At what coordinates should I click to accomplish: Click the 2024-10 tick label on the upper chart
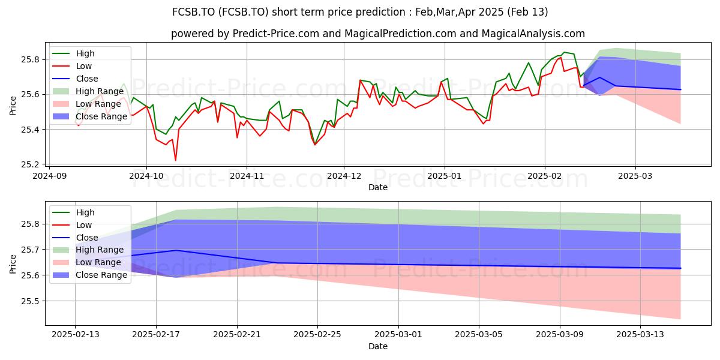click(x=146, y=176)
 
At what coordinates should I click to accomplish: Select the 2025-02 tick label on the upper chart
click(x=545, y=176)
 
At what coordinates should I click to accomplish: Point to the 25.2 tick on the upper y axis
click(x=30, y=164)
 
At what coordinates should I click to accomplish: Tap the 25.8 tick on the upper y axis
click(x=30, y=60)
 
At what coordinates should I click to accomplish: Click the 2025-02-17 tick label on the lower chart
click(x=156, y=335)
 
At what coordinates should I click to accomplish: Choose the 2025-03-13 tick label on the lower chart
click(x=640, y=335)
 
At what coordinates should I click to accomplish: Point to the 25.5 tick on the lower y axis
click(x=30, y=301)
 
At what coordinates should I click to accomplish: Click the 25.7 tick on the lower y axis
click(x=30, y=250)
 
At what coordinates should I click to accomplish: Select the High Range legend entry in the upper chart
click(x=88, y=91)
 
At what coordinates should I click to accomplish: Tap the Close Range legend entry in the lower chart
click(x=89, y=275)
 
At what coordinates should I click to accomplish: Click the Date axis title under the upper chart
click(x=378, y=187)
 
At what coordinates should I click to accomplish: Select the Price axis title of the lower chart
click(x=13, y=264)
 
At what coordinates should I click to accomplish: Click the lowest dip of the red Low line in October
click(x=175, y=160)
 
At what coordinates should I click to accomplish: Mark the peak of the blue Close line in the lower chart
click(x=176, y=250)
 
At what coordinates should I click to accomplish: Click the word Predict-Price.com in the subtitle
click(x=276, y=34)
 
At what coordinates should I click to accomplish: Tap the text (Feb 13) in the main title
click(x=527, y=12)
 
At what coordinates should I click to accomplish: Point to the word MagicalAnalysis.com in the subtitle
click(x=533, y=34)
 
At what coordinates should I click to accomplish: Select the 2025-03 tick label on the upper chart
click(x=635, y=176)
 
